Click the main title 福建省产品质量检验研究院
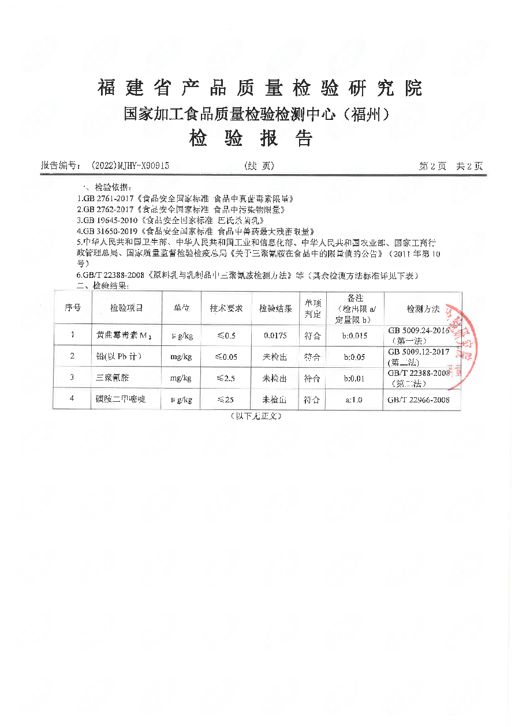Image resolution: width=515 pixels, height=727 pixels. tap(260, 88)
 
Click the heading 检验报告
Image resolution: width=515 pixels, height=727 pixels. tap(251, 138)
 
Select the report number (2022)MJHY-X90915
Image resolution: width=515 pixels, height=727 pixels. tap(130, 166)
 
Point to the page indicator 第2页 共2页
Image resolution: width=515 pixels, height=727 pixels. tap(450, 166)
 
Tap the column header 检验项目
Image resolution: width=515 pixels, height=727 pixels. tap(126, 308)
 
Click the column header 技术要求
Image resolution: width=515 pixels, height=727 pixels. tap(226, 308)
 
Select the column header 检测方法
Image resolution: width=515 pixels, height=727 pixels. tap(423, 308)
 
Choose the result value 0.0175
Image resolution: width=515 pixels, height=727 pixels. tap(274, 335)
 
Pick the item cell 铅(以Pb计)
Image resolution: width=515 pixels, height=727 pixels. tap(118, 356)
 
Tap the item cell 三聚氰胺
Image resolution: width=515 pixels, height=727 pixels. tap(112, 378)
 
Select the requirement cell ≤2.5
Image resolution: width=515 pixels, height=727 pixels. tap(226, 378)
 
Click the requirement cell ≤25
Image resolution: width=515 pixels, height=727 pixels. tap(226, 400)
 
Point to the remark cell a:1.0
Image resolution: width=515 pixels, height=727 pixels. tap(353, 400)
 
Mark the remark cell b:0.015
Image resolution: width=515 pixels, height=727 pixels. tap(354, 335)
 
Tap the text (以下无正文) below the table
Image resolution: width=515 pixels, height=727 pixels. tap(256, 416)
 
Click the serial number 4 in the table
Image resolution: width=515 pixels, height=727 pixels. tap(72, 400)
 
